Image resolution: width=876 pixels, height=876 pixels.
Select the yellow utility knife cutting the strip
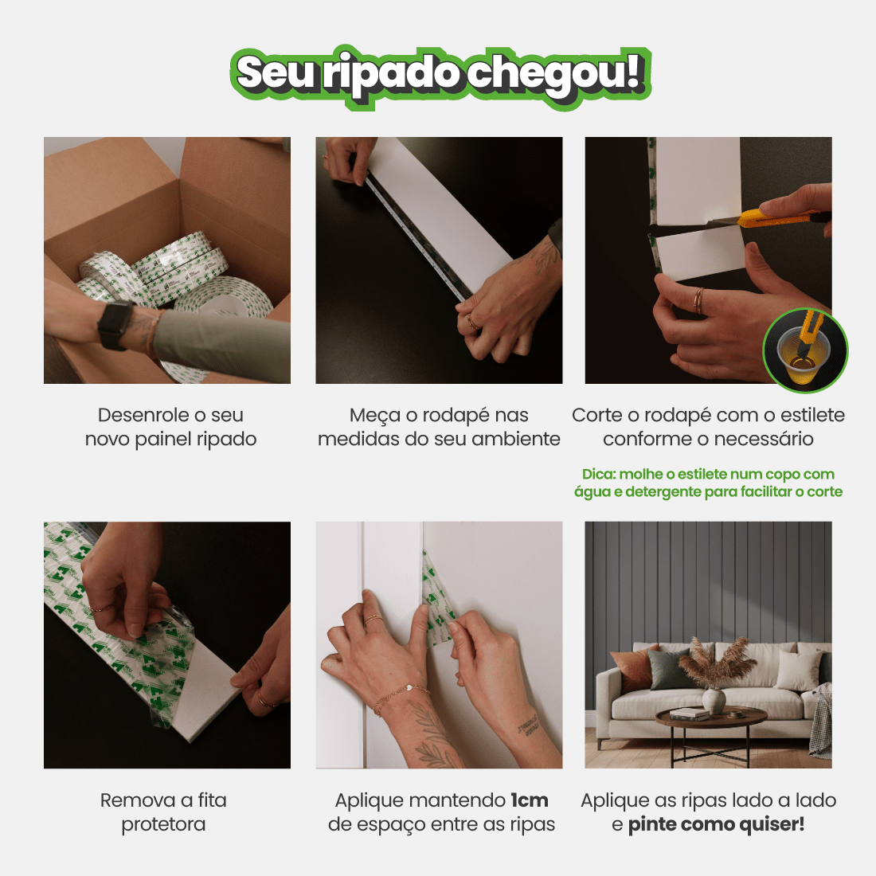pos(776,217)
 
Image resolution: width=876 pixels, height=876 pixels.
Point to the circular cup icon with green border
pos(805,350)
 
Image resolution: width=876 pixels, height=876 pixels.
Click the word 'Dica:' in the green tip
pos(598,475)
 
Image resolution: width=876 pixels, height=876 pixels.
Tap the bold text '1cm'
pos(530,800)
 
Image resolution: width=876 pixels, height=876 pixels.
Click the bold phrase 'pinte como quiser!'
pos(716,824)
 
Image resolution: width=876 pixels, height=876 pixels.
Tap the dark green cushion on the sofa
pos(667,668)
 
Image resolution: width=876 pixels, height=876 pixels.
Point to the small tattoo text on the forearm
pos(526,725)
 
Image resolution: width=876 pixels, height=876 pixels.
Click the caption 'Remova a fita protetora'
pos(163,812)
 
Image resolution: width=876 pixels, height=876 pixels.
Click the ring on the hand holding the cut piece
pos(698,300)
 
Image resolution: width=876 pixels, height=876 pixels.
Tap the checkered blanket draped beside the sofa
pos(820,721)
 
